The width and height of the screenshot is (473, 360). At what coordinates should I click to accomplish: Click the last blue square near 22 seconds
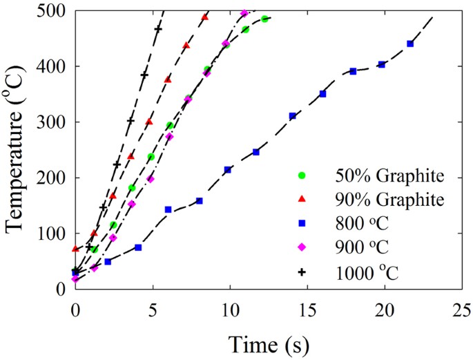pyautogui.click(x=410, y=44)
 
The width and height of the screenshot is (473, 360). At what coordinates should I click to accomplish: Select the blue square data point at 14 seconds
pyautogui.click(x=292, y=116)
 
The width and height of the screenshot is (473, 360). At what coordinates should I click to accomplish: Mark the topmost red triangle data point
pyautogui.click(x=204, y=17)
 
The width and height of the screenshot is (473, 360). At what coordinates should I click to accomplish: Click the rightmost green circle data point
pyautogui.click(x=264, y=19)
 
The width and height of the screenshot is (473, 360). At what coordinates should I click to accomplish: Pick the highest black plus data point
pyautogui.click(x=158, y=29)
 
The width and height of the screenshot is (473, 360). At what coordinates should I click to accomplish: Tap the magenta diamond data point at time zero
pyautogui.click(x=75, y=279)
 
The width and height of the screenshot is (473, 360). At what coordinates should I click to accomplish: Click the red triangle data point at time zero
pyautogui.click(x=75, y=248)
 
